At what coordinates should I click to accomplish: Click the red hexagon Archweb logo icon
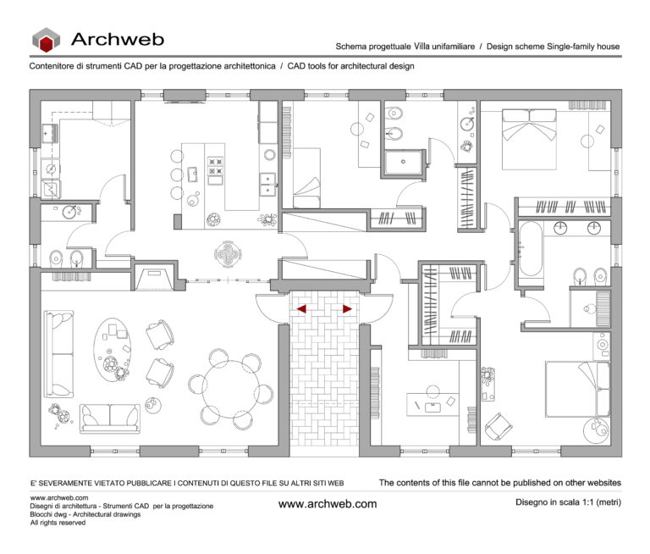tap(47, 40)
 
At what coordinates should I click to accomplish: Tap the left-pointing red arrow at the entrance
tap(301, 309)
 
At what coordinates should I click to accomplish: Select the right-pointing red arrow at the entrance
tap(347, 309)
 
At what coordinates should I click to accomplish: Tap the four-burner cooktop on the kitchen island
tap(215, 169)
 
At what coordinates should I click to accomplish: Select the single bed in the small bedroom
tap(306, 178)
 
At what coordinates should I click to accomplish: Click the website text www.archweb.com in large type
tap(327, 504)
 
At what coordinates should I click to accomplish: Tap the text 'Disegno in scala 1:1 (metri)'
tap(567, 502)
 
